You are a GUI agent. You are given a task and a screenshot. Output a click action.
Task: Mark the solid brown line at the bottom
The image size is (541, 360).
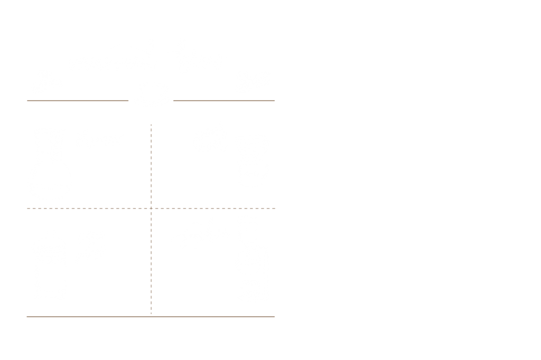(151, 317)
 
